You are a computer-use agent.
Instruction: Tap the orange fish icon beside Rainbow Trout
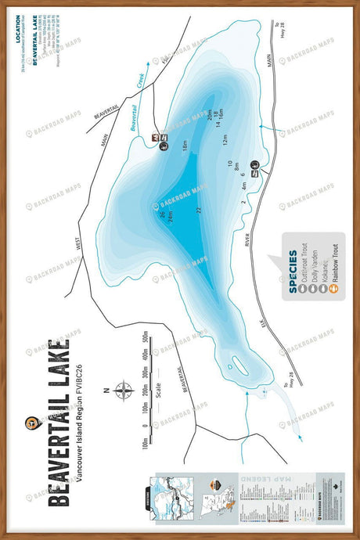click(x=333, y=287)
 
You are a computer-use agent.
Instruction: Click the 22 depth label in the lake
click(x=199, y=210)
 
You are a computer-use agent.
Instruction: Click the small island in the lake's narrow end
click(x=232, y=364)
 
